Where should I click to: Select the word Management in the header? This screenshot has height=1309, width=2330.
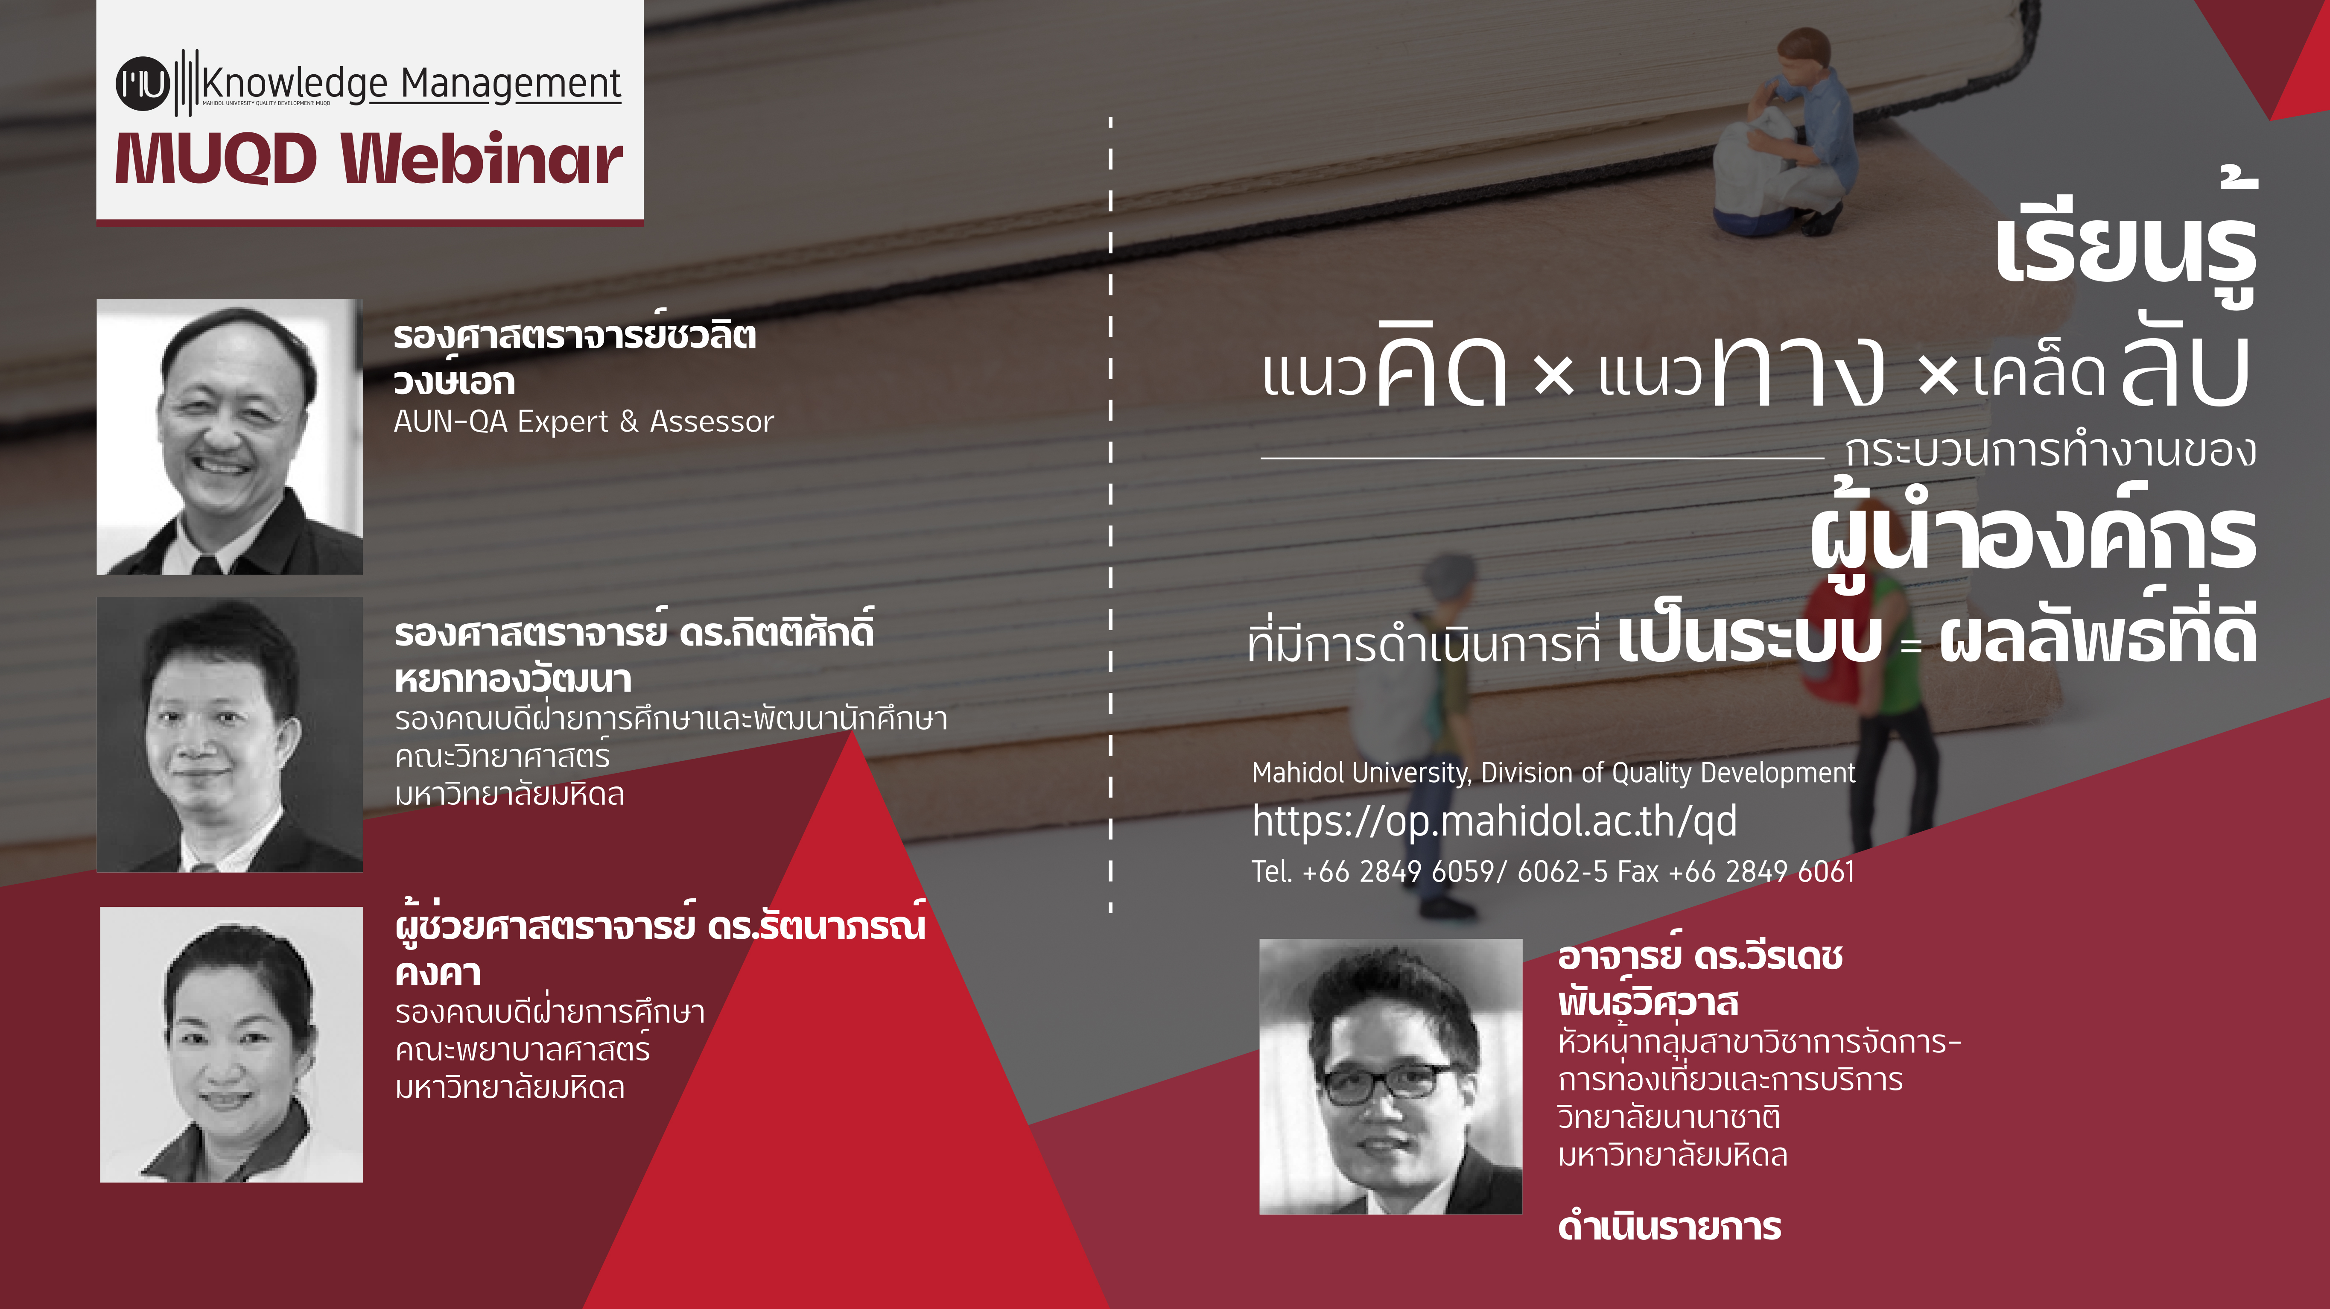(511, 84)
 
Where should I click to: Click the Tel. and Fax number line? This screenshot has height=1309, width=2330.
(1553, 871)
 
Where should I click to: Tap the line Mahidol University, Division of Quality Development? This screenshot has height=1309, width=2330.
(1553, 773)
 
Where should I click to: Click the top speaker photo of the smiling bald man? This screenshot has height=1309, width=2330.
(230, 437)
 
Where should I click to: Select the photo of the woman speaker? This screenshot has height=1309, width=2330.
(231, 1044)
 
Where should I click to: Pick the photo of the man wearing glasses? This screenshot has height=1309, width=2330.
(1390, 1076)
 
